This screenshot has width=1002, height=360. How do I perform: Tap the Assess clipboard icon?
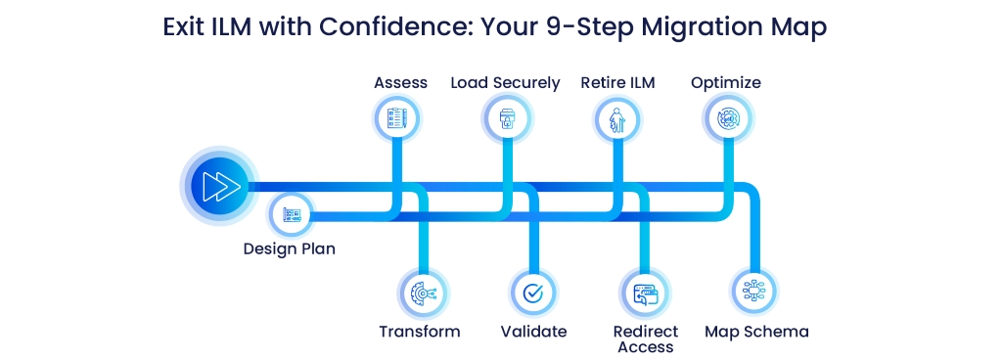(396, 118)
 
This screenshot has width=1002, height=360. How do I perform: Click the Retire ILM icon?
(616, 119)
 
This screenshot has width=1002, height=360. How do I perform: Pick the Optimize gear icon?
(728, 119)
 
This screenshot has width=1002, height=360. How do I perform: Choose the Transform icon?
(423, 293)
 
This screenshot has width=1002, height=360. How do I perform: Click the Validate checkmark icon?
(533, 292)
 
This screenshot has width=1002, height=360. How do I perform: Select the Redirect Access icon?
(645, 294)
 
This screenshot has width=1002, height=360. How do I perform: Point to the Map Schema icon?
(754, 292)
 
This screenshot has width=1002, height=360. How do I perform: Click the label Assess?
(400, 83)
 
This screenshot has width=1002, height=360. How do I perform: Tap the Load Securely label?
(506, 83)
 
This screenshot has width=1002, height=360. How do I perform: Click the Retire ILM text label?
(618, 83)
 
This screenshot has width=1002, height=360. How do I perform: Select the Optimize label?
(726, 83)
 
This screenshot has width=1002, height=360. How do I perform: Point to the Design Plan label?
(290, 248)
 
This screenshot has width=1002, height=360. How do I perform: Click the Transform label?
(419, 332)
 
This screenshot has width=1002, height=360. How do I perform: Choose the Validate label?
(533, 332)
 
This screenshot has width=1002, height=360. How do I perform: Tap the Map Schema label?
(756, 332)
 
